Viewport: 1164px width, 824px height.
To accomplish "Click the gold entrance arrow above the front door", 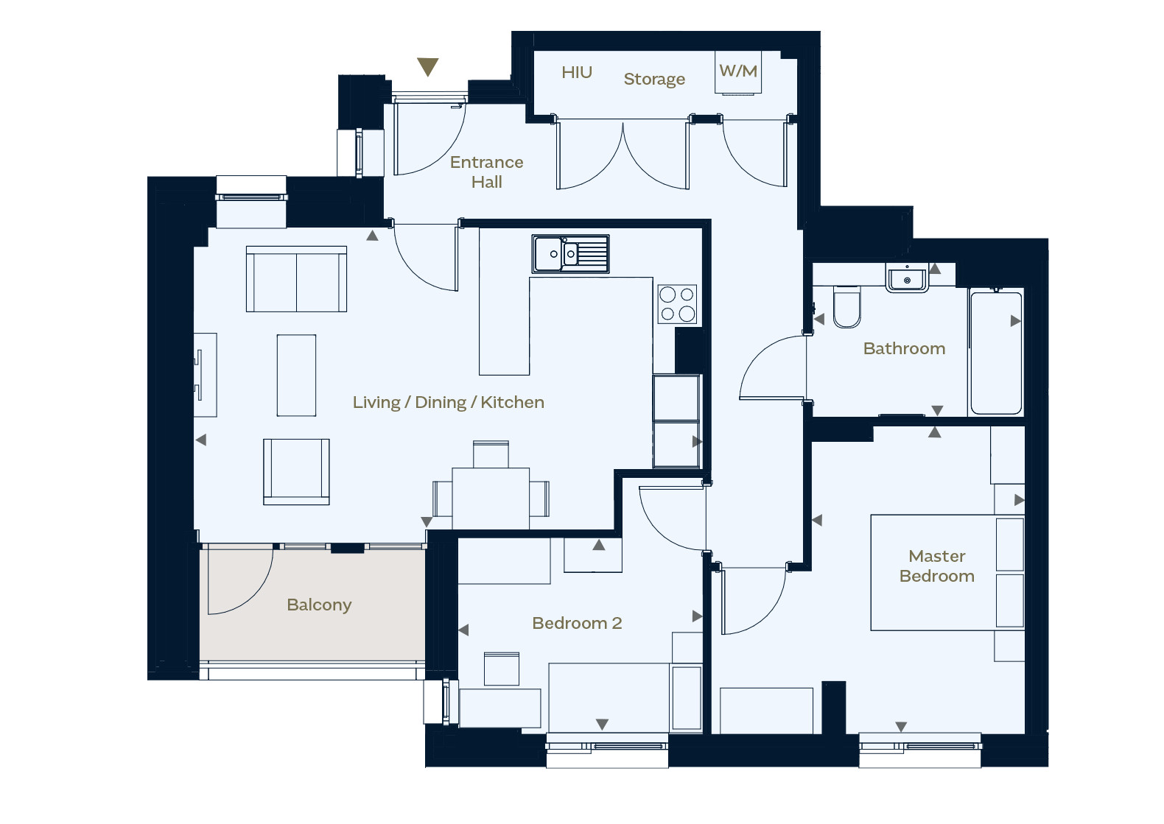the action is [x=428, y=66].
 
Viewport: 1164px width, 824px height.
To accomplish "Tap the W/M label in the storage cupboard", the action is [x=738, y=71].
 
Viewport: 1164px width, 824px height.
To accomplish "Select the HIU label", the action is [x=577, y=72].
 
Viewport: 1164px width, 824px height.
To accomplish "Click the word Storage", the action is [x=654, y=79].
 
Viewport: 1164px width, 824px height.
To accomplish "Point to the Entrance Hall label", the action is [x=486, y=172].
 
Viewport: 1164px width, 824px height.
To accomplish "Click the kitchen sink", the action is [x=570, y=254].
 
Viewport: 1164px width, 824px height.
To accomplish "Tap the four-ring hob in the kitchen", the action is [x=677, y=304].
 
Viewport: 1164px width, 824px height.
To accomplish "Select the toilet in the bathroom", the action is [x=846, y=307].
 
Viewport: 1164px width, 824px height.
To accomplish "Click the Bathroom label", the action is [x=904, y=348].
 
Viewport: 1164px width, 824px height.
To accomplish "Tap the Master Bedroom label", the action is [x=937, y=566].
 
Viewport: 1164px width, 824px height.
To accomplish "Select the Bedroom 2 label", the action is [x=577, y=623].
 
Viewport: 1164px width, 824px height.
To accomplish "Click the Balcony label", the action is [x=319, y=605].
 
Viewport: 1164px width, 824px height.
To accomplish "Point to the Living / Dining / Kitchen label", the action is [x=449, y=402].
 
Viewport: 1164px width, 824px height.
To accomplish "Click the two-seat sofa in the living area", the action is [x=296, y=279].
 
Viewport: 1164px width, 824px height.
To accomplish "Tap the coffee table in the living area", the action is [x=296, y=375].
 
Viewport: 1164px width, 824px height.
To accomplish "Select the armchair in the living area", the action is [x=296, y=472].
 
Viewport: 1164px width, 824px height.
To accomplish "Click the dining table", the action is [x=491, y=499].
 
